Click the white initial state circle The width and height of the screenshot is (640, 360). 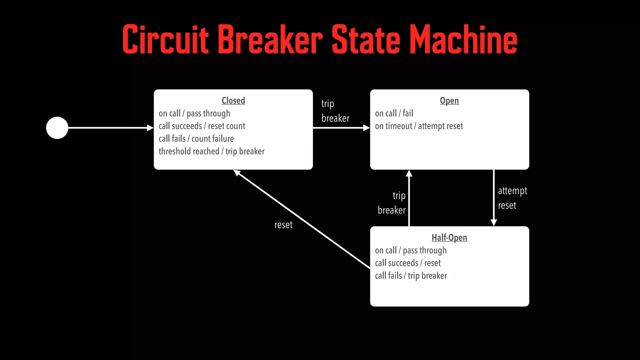(x=57, y=128)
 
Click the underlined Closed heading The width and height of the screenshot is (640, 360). (x=233, y=101)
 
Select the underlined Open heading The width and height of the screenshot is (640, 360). (x=449, y=101)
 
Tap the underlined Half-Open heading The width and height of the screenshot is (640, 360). (x=449, y=237)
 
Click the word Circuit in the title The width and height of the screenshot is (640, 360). (x=165, y=40)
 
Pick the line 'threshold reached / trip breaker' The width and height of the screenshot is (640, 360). (x=212, y=151)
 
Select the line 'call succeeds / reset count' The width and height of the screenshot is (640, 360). (x=202, y=126)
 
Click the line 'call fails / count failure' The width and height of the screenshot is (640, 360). (x=196, y=138)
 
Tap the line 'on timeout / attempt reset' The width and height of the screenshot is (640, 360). (x=419, y=126)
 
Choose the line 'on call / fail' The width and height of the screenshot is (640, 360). (x=394, y=113)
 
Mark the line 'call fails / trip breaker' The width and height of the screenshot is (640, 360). (x=411, y=276)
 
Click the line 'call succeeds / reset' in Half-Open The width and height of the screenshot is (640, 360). (x=408, y=263)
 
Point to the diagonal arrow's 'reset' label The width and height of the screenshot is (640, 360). (x=283, y=225)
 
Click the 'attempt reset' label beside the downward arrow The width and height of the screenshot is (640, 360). (x=512, y=198)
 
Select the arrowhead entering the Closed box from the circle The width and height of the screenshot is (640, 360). (x=150, y=128)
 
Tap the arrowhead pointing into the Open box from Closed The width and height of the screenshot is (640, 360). (x=367, y=128)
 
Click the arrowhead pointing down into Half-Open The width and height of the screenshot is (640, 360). (x=494, y=222)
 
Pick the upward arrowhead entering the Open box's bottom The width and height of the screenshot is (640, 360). (x=409, y=173)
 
